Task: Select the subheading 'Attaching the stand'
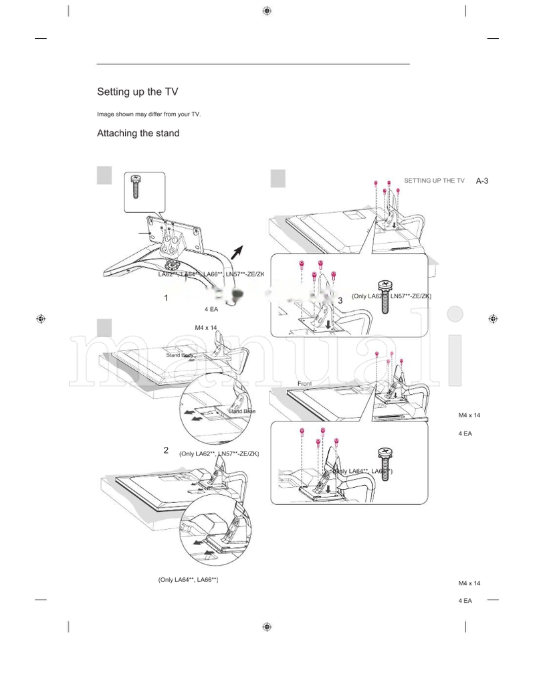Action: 138,133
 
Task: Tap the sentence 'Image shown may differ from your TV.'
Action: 148,114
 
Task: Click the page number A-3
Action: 482,181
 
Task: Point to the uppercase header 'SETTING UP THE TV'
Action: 434,181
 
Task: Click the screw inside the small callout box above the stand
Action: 136,187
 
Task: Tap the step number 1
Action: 166,298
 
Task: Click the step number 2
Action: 166,450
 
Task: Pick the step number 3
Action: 340,301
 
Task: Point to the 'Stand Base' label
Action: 241,411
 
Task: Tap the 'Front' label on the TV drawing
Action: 305,383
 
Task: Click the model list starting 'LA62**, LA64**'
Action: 211,275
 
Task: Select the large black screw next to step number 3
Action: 386,296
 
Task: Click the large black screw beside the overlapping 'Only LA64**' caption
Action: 385,462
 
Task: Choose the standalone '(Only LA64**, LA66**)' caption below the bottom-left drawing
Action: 188,579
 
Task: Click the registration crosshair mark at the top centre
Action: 267,11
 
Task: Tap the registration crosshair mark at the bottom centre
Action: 267,627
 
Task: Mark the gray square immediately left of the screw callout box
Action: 104,175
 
